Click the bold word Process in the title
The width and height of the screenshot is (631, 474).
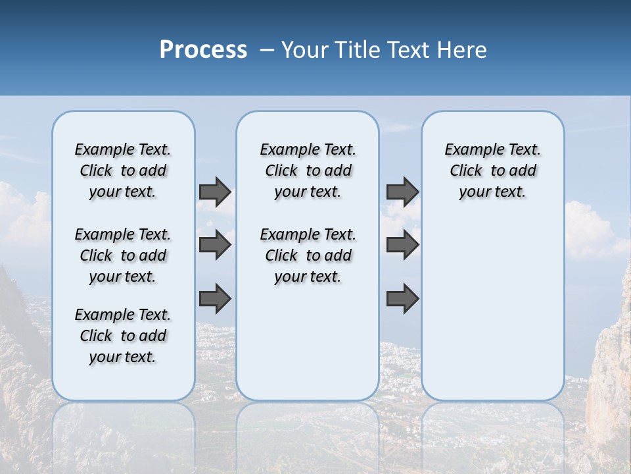(203, 50)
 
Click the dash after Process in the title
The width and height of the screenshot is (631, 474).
(267, 51)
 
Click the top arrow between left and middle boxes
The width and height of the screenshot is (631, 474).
(215, 192)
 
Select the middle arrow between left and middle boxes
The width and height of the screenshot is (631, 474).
(215, 245)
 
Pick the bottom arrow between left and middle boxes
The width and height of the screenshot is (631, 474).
(215, 299)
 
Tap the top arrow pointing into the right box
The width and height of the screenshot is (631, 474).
(402, 192)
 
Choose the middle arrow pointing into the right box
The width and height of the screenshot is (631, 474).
(402, 245)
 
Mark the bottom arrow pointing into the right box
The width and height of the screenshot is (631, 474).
(402, 299)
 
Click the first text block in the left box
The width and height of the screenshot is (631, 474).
(123, 171)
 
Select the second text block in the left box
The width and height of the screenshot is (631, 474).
(123, 255)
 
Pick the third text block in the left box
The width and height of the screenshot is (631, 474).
(123, 336)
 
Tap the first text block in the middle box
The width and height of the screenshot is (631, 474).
(308, 171)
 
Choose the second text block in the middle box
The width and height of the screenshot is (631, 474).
(308, 255)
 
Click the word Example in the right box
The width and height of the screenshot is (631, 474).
(468, 150)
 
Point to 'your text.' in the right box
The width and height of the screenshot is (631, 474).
(492, 192)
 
